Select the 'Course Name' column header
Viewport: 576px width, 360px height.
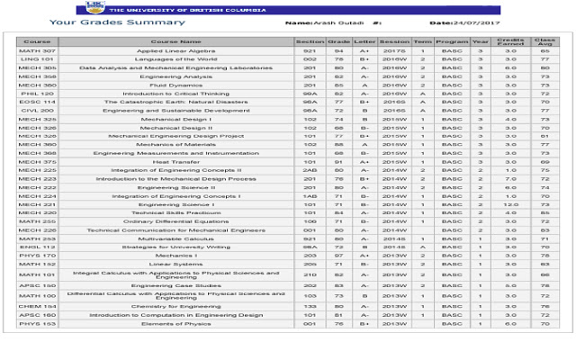176,41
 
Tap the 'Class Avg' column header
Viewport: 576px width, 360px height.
544,41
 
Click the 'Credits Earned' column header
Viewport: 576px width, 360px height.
511,41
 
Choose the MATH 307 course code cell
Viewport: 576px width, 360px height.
37,51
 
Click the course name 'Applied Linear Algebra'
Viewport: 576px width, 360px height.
176,51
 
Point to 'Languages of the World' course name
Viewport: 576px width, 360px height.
176,59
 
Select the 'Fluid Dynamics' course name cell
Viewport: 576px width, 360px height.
176,85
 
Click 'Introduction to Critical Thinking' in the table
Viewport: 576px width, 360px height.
176,94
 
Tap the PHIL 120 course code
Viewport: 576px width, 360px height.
37,94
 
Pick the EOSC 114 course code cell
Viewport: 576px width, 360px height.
37,102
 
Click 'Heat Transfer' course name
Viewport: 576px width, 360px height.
176,162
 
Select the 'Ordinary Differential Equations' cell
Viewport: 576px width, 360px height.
176,221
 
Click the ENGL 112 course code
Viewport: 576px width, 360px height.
37,247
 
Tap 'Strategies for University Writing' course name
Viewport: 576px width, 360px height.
176,247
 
